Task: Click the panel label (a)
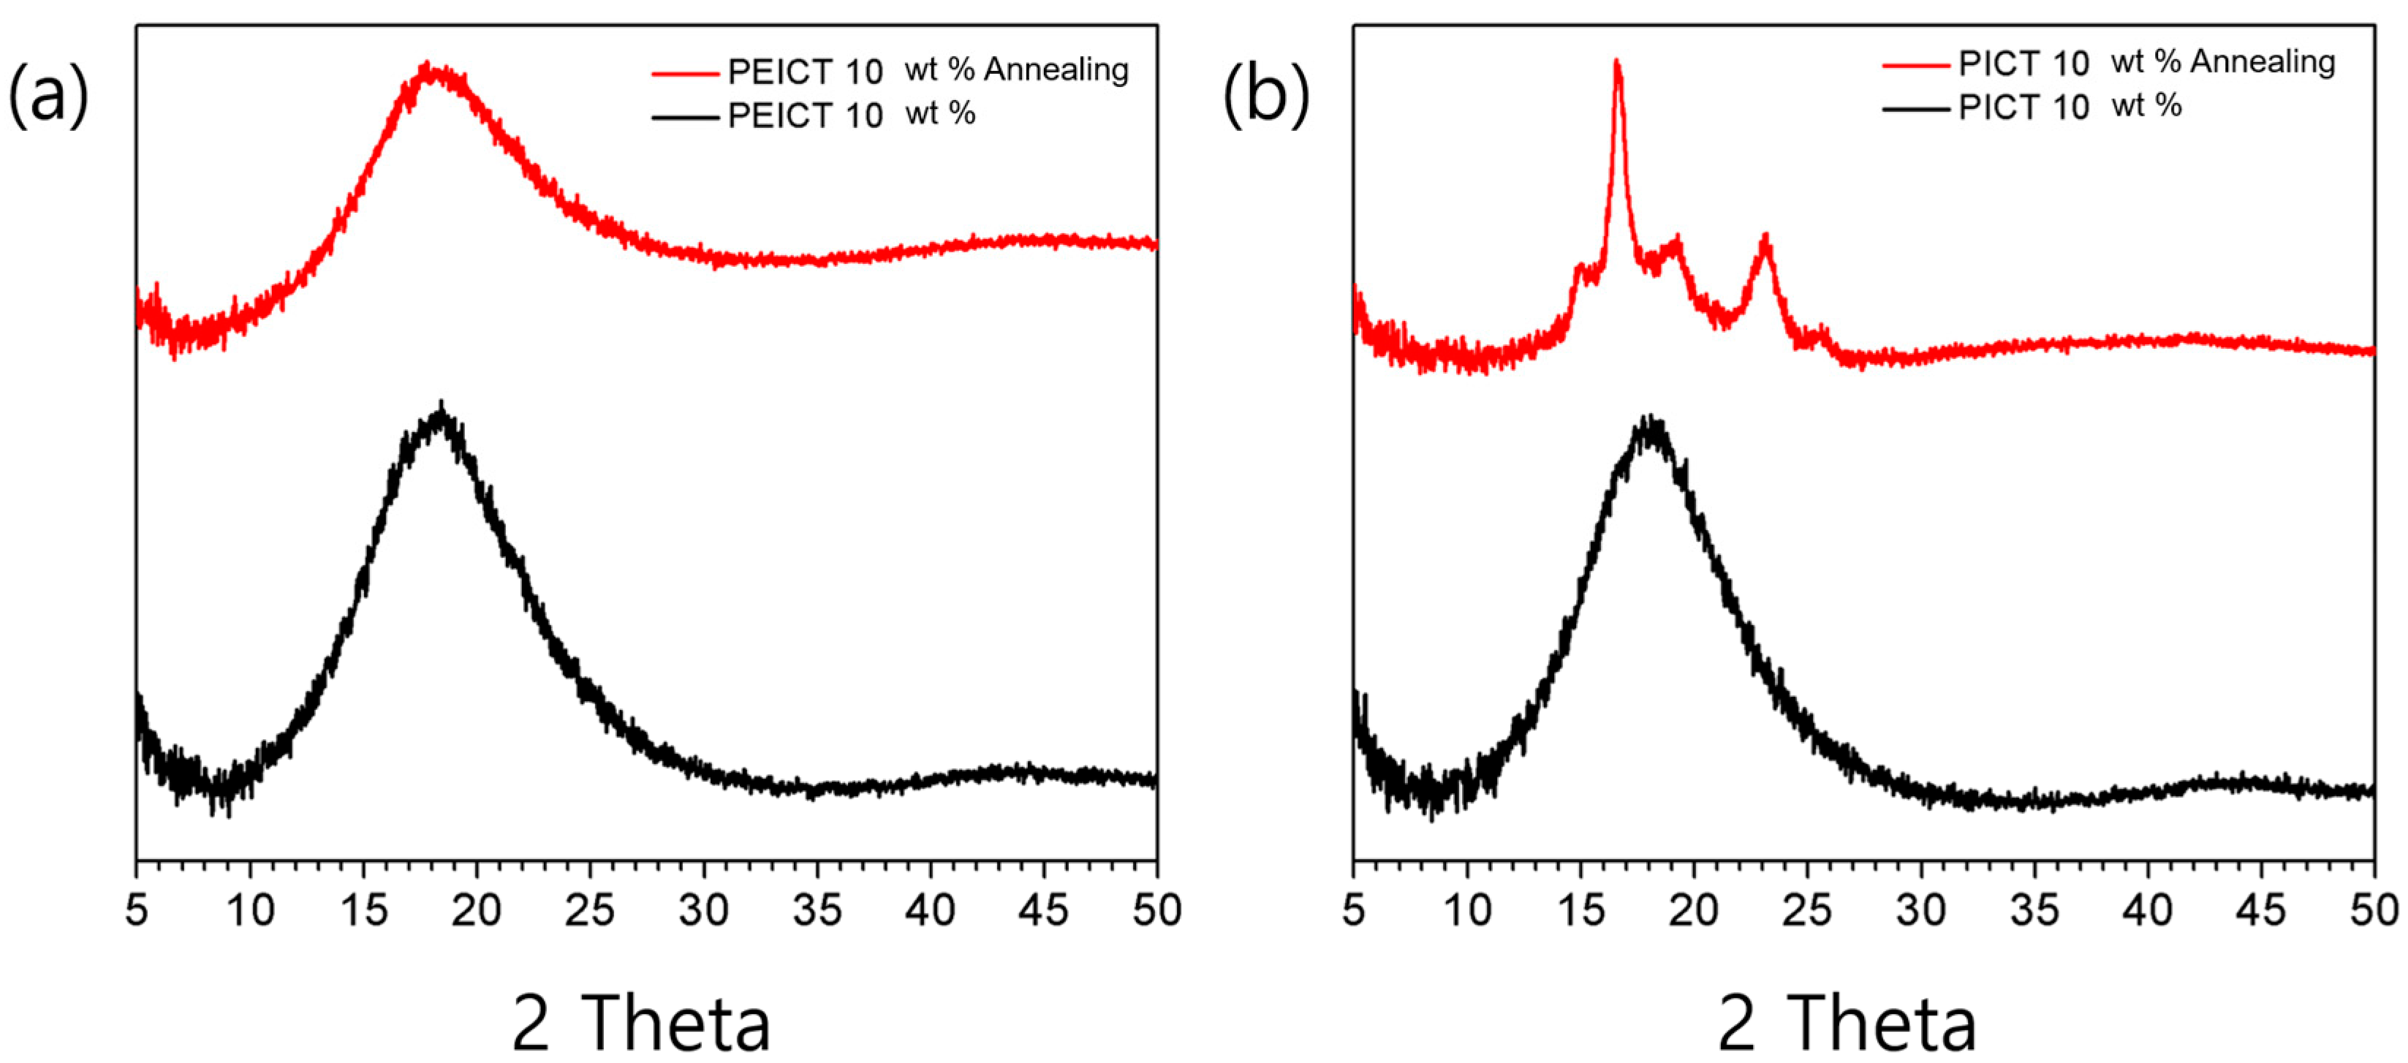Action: click(48, 95)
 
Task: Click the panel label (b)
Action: click(1265, 95)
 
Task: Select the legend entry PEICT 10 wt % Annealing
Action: click(925, 70)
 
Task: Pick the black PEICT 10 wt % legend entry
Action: click(851, 115)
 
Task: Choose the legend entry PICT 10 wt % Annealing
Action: click(2146, 63)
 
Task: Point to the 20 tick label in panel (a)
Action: click(476, 909)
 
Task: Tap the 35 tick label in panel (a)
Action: click(817, 909)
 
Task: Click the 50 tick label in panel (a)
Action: click(1157, 909)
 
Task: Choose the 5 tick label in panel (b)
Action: click(1354, 909)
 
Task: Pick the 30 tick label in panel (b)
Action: click(1921, 909)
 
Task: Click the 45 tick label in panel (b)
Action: click(2261, 909)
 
